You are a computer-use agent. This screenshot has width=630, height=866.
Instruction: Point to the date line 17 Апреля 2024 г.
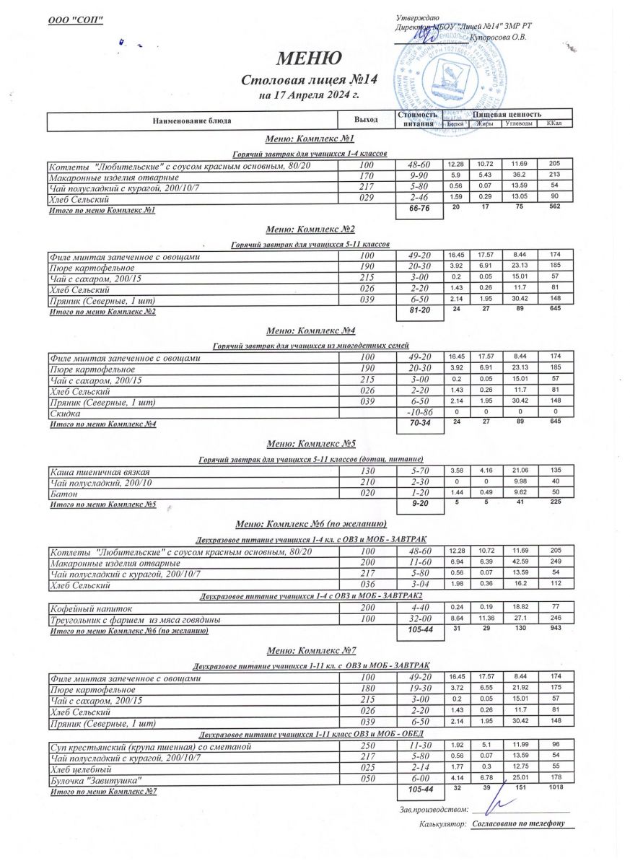[309, 95]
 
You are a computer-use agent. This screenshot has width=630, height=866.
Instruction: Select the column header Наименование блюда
[191, 121]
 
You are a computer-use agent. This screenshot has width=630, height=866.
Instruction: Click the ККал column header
[554, 123]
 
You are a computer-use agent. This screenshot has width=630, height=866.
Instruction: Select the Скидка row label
[66, 413]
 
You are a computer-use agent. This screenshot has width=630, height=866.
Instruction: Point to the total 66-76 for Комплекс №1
[419, 210]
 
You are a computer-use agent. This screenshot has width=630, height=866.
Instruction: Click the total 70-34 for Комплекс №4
[419, 424]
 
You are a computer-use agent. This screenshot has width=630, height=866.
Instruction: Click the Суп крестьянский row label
[150, 746]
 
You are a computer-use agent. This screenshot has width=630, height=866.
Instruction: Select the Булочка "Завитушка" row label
[95, 781]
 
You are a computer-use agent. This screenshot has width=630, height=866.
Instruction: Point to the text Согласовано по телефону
[517, 823]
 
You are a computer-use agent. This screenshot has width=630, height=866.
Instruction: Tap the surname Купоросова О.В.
[497, 36]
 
